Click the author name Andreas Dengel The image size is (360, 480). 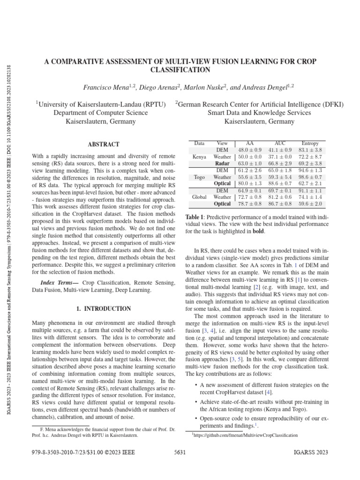[x=269, y=87]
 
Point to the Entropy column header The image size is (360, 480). [x=310, y=142]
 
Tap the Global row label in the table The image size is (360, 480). [x=200, y=197]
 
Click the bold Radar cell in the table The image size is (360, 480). [x=223, y=164]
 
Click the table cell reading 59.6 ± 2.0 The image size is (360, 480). [x=310, y=204]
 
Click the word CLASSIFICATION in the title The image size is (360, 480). [x=180, y=69]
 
